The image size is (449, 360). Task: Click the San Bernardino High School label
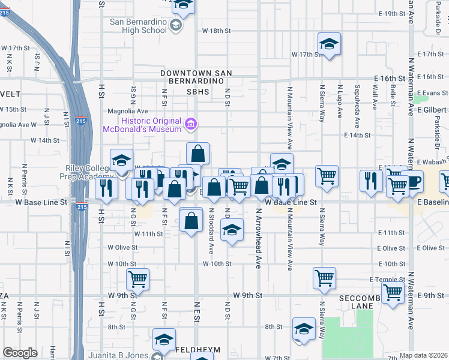138,26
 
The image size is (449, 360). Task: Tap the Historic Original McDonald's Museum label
143,125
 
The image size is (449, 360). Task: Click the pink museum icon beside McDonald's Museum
191,125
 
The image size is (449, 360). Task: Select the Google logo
20,353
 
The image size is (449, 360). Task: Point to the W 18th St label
217,30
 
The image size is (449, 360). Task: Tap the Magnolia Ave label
127,111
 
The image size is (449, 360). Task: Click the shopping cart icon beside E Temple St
324,278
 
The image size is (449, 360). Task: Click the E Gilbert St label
431,110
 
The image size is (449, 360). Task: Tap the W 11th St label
149,233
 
